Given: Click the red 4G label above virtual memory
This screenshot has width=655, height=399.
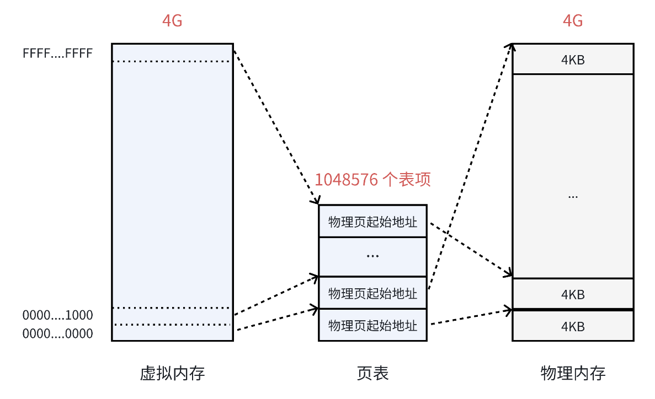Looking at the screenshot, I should click(x=172, y=21).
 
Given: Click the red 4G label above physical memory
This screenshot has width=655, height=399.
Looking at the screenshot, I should click(x=573, y=21).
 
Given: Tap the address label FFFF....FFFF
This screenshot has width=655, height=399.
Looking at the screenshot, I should click(x=57, y=53).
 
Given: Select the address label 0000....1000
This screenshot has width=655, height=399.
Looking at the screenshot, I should click(x=57, y=316).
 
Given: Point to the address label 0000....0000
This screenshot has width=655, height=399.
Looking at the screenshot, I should click(x=57, y=333).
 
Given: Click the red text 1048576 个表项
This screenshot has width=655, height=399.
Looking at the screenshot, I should click(x=372, y=180).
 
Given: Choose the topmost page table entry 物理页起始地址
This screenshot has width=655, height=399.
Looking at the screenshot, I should click(x=372, y=222).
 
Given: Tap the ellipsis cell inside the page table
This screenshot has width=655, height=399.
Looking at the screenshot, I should click(x=372, y=256).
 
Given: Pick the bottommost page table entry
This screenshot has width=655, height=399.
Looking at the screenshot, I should click(x=372, y=325).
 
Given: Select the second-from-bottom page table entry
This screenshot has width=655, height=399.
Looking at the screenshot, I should click(x=372, y=293).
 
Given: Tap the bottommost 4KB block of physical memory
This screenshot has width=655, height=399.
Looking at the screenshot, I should click(x=573, y=326).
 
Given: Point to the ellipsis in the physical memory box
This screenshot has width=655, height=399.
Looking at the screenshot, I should click(x=573, y=196).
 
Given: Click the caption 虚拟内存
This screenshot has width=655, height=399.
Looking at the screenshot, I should click(x=172, y=374).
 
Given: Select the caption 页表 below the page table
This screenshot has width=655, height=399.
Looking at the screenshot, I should click(x=372, y=374).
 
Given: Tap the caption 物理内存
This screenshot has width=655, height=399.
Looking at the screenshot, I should click(x=573, y=374).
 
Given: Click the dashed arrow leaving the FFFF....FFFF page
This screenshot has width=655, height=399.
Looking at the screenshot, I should click(x=276, y=127).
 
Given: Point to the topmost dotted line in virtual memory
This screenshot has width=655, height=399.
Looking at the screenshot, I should click(x=172, y=61).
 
